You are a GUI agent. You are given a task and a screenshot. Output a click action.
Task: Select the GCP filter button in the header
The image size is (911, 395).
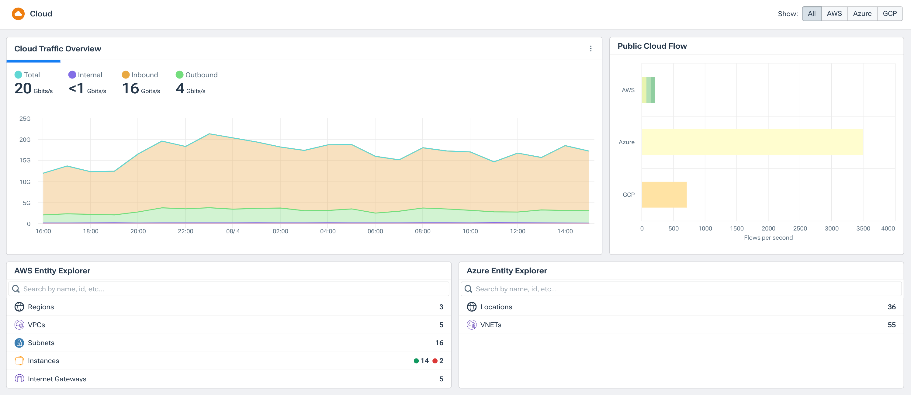point(889,14)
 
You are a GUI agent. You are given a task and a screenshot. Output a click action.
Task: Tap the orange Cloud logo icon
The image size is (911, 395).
point(18,14)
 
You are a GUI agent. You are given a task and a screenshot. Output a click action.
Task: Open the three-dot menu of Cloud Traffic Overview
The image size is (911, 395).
point(590,49)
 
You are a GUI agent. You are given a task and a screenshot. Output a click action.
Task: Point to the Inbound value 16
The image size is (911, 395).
point(130,88)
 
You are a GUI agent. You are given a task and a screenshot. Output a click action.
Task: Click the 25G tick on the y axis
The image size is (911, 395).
point(25,119)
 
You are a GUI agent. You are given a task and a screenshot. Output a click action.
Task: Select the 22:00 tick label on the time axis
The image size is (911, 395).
point(185,231)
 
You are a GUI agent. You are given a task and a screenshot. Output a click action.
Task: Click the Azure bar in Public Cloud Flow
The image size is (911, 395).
point(752,142)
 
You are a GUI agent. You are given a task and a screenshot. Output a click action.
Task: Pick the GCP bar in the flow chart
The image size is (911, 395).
point(664,195)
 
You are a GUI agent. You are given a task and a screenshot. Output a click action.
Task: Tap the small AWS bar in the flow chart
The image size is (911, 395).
point(648,90)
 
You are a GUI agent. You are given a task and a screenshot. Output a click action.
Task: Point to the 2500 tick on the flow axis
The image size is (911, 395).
point(800,229)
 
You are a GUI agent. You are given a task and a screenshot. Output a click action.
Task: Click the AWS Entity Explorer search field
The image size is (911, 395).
point(228,289)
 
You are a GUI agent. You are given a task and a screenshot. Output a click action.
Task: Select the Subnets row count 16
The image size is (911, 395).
point(439,343)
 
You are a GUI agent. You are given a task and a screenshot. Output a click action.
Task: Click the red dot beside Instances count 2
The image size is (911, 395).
point(435,361)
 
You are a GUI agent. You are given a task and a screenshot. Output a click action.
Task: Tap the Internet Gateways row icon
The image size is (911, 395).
point(19,379)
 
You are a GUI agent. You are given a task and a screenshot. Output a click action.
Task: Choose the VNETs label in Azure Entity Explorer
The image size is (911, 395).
point(490,325)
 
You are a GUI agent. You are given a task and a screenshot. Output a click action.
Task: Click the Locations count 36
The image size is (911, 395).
point(891,307)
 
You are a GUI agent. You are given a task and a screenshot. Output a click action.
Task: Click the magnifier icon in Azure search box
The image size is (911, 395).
point(468,289)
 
